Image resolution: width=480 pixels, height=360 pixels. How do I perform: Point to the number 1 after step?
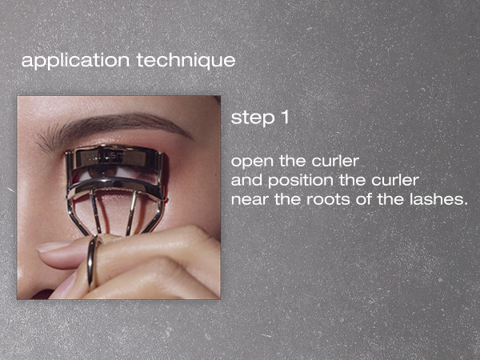pos(283,117)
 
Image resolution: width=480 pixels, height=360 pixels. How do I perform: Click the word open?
pos(249,163)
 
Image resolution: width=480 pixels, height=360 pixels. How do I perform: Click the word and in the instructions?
pos(243,181)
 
